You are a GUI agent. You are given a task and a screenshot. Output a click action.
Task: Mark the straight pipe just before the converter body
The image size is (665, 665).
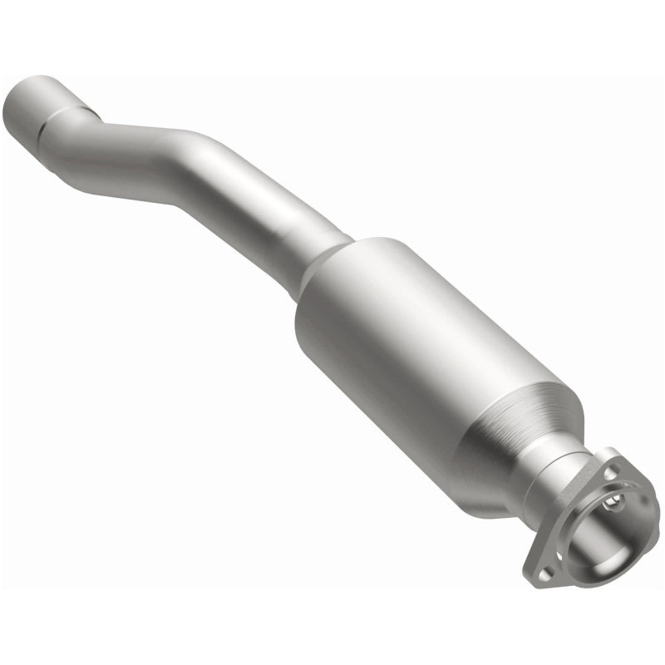tap(283, 229)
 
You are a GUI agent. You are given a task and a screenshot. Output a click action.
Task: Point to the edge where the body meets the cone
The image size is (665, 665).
tap(499, 432)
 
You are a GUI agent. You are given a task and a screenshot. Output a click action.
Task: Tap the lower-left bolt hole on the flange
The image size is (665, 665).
tap(545, 573)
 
